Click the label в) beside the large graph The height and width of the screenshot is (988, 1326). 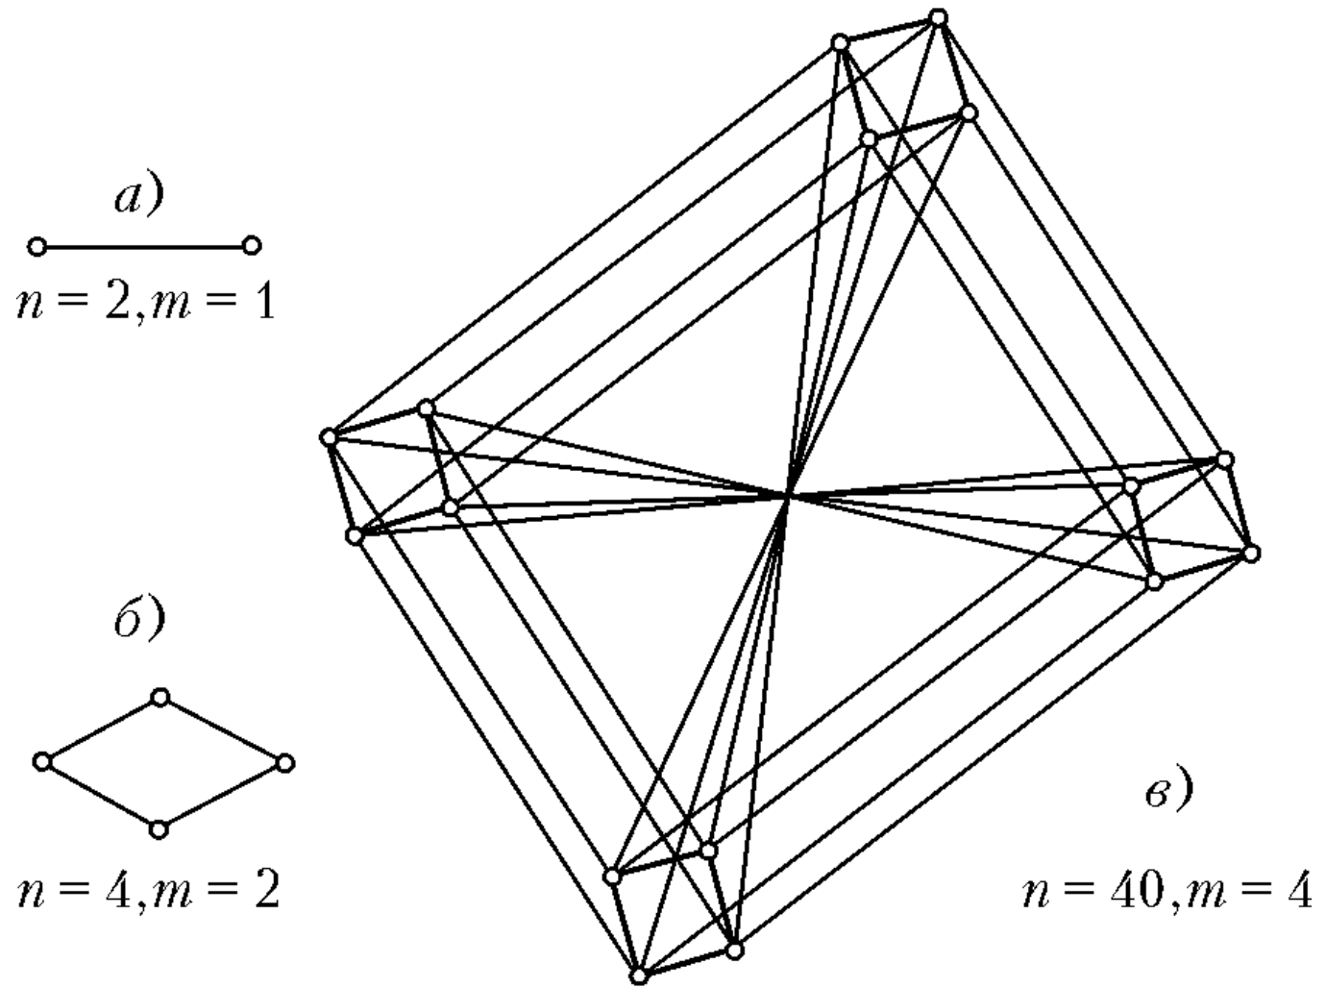[x=1168, y=791]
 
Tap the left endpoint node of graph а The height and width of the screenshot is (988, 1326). [x=37, y=247]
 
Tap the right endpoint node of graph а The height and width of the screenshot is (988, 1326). [x=252, y=246]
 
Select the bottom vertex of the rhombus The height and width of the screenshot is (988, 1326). [x=160, y=828]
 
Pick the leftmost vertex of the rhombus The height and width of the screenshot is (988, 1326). [x=41, y=761]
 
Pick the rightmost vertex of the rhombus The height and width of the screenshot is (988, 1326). [x=283, y=763]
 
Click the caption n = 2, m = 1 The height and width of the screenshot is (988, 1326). [x=146, y=304]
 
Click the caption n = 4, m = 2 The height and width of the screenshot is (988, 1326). [x=149, y=891]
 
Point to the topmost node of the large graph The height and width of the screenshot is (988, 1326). [x=939, y=17]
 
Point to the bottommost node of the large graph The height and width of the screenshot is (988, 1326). [x=639, y=976]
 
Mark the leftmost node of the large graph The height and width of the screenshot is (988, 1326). [x=329, y=437]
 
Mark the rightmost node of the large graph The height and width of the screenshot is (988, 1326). [x=1251, y=553]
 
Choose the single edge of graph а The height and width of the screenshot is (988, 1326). [x=144, y=247]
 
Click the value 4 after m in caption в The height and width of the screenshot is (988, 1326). [x=1297, y=893]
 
